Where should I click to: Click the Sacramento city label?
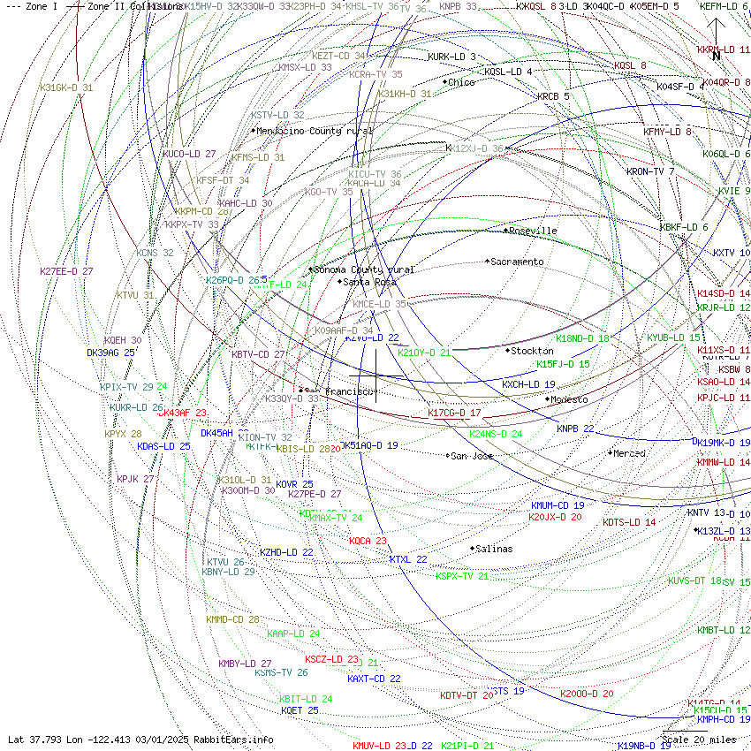[x=518, y=262]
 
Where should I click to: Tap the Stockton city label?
[x=531, y=351]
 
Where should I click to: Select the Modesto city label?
[x=569, y=399]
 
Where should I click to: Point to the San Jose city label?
[x=472, y=456]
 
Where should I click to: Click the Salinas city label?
[x=493, y=549]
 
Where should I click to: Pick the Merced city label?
[x=629, y=453]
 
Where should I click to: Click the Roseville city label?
[x=533, y=231]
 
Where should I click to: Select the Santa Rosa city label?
[x=370, y=282]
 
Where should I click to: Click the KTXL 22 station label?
[x=408, y=559]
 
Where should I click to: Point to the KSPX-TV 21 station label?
[x=461, y=576]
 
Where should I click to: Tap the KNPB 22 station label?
[x=575, y=429]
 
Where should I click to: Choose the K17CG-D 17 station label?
[x=454, y=413]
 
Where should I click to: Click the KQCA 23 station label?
[x=368, y=541]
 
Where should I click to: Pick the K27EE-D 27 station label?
[x=66, y=271]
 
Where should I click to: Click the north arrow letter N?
[x=717, y=56]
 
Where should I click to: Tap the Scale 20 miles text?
[x=699, y=740]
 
